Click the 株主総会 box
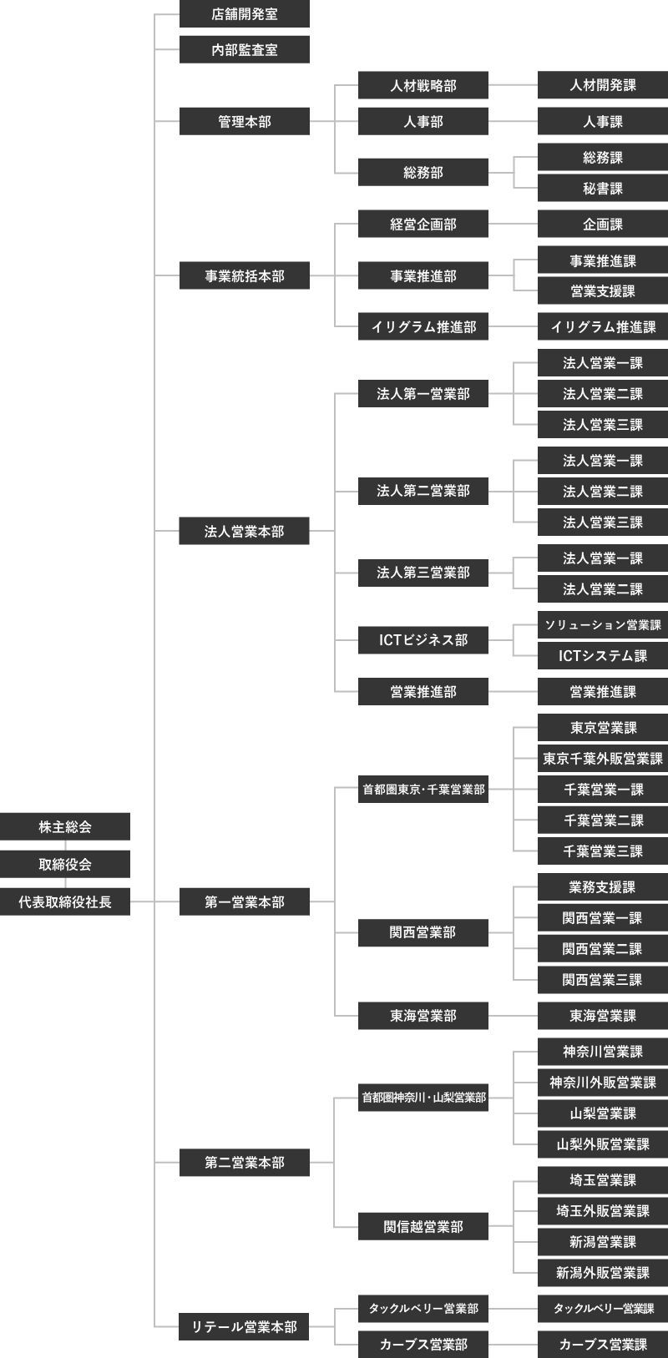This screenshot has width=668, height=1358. pos(65,827)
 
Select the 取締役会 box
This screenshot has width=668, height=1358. pos(65,865)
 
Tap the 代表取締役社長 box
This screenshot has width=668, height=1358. pos(65,901)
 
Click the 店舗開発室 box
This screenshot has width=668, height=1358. pos(245,14)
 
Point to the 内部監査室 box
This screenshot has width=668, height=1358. pos(245,50)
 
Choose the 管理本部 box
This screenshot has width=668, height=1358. pos(245,122)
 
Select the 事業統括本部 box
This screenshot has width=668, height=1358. pos(245,275)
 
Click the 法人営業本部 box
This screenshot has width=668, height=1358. pos(245,531)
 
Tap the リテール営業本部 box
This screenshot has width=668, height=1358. pos(245,1326)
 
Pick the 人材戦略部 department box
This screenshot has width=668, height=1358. pos(423,86)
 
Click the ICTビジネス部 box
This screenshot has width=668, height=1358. pos(423,640)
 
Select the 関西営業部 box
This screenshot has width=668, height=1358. pos(423,932)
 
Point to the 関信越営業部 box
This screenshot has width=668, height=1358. pos(423,1227)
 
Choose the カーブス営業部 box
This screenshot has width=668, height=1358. pos(423,1344)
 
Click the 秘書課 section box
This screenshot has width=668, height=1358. pos(603,189)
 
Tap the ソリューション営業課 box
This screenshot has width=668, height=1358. pos(603,625)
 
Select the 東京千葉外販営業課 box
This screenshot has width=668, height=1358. pos(603,759)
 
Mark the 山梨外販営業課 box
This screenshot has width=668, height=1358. pos(603,1144)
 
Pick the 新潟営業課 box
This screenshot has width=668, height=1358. pos(603,1242)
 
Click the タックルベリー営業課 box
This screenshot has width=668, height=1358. pos(603,1309)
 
